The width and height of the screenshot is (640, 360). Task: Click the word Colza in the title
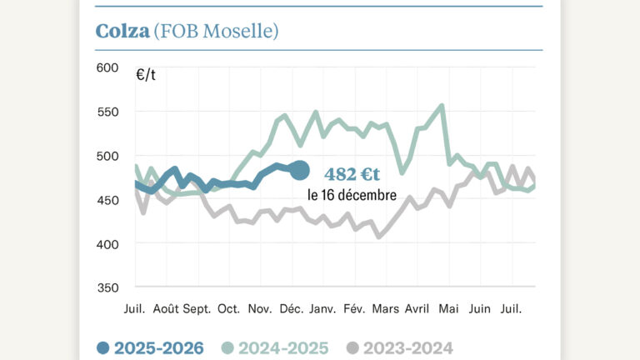(122, 32)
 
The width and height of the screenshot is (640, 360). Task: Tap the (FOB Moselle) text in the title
(216, 32)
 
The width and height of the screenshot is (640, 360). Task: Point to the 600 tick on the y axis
(108, 67)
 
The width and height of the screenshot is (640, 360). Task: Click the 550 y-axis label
(108, 112)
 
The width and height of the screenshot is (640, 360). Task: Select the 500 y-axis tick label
(108, 156)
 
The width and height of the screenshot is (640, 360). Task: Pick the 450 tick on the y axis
(108, 200)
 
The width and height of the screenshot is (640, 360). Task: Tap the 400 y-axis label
(108, 244)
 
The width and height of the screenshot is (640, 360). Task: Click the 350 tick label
(108, 288)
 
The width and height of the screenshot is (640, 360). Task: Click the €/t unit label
(146, 75)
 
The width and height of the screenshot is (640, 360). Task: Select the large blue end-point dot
(301, 170)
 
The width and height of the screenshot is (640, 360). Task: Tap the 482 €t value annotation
(352, 174)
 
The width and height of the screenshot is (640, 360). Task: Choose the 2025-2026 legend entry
(150, 347)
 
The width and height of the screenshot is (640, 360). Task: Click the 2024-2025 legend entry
(275, 347)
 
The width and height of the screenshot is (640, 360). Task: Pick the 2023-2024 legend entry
(400, 347)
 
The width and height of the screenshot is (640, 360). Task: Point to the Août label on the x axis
(166, 308)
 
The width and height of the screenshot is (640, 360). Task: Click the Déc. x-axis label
(290, 308)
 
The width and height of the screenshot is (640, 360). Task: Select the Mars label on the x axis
(385, 308)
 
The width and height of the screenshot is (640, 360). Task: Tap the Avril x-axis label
(417, 308)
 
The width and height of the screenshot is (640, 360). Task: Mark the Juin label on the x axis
(479, 308)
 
